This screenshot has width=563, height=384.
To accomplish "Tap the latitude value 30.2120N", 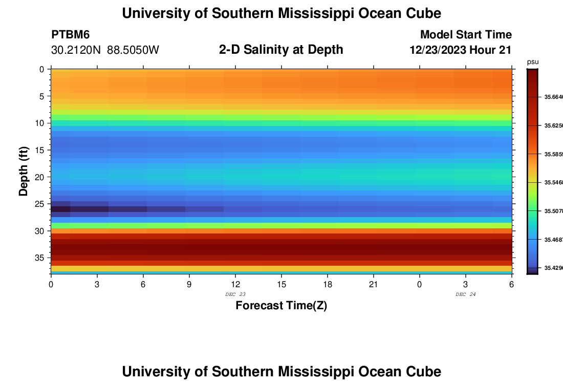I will tap(76, 50).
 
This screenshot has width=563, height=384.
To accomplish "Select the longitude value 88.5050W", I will tap(133, 50).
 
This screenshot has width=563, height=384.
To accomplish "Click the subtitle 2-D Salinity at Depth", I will tap(281, 50).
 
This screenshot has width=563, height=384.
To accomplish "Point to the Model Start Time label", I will tap(466, 35).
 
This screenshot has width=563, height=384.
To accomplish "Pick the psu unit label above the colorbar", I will tap(533, 62).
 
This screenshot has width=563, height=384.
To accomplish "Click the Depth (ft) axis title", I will tap(24, 170).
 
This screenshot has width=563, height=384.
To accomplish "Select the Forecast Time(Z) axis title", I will tap(281, 306).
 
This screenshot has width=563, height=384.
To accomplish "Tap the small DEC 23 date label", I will tap(235, 294).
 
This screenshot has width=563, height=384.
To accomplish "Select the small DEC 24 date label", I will tap(465, 294).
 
